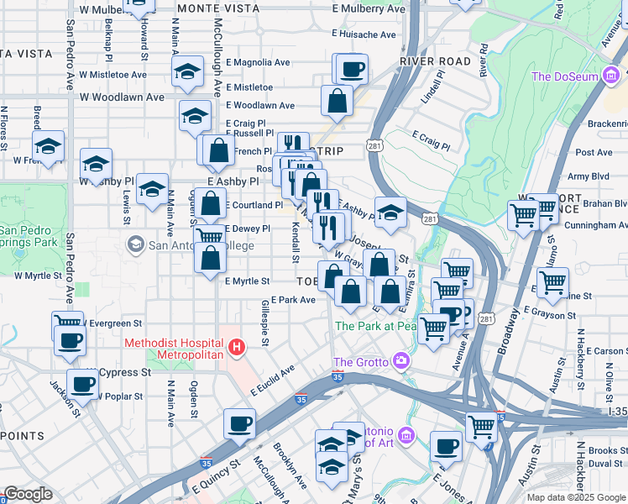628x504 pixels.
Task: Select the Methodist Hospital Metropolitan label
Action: (x=174, y=349)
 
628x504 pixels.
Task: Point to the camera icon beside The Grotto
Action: (x=401, y=361)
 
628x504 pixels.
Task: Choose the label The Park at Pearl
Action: (x=376, y=326)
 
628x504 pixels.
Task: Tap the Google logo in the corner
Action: (x=28, y=494)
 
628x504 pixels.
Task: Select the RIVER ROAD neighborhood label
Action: (x=435, y=61)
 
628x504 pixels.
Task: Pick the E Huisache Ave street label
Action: (x=364, y=34)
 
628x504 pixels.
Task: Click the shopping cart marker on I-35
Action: (x=482, y=426)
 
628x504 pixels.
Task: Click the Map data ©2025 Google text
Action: (x=577, y=497)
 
